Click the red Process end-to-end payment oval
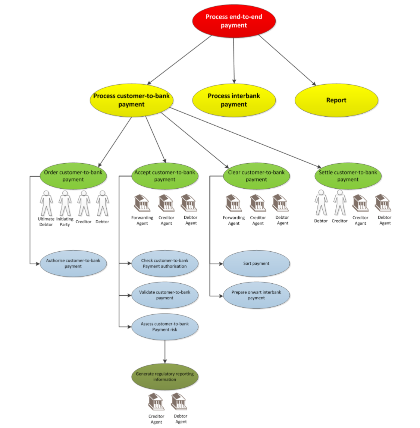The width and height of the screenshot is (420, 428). [234, 21]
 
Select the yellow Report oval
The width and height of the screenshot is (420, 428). [336, 100]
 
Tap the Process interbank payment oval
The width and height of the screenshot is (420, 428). [234, 100]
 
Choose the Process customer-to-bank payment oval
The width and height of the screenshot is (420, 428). [131, 100]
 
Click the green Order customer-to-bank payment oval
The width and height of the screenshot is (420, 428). [73, 176]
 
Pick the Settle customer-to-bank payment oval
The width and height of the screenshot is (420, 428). [348, 176]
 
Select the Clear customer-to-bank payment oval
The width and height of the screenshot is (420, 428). [256, 176]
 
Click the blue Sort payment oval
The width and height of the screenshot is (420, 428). [256, 264]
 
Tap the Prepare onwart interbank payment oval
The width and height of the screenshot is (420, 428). [256, 295]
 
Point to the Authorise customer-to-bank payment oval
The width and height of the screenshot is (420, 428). [73, 264]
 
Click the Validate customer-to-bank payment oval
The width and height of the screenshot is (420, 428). [164, 295]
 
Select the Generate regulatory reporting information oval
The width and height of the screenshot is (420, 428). [164, 377]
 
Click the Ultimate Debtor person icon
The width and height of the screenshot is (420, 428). [46, 203]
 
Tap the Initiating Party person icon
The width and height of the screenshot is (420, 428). [65, 203]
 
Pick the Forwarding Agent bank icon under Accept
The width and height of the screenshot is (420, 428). [142, 203]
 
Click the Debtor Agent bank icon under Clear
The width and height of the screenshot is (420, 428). [280, 203]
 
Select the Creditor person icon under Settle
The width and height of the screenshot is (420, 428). [340, 203]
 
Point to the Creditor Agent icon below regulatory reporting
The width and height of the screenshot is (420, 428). [156, 402]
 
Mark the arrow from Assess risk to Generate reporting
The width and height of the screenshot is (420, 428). [164, 351]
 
